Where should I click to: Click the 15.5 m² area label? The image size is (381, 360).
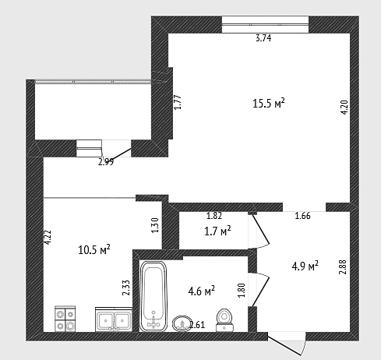click(269, 103)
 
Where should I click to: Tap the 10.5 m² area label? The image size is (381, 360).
click(94, 250)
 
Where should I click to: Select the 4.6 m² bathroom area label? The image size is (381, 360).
click(202, 291)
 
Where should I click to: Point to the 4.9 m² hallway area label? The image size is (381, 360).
click(305, 266)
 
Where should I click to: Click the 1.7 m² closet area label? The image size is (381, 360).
click(217, 231)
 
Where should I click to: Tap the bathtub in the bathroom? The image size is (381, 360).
click(153, 296)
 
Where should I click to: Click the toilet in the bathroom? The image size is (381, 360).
click(224, 320)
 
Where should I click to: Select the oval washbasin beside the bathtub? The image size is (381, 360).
click(182, 323)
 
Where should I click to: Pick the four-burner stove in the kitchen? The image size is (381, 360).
click(65, 319)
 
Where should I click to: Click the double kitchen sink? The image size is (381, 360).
click(114, 319)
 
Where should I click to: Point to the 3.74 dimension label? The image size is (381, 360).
click(263, 38)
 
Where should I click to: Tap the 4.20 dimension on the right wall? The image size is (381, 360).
click(344, 108)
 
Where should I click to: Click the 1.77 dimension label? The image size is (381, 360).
click(178, 102)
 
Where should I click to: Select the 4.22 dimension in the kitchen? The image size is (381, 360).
click(48, 237)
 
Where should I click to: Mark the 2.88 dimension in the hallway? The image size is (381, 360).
click(343, 267)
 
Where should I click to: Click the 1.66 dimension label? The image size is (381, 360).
click(302, 216)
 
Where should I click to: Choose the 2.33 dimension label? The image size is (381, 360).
click(126, 288)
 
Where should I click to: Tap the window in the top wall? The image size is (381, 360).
click(265, 25)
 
